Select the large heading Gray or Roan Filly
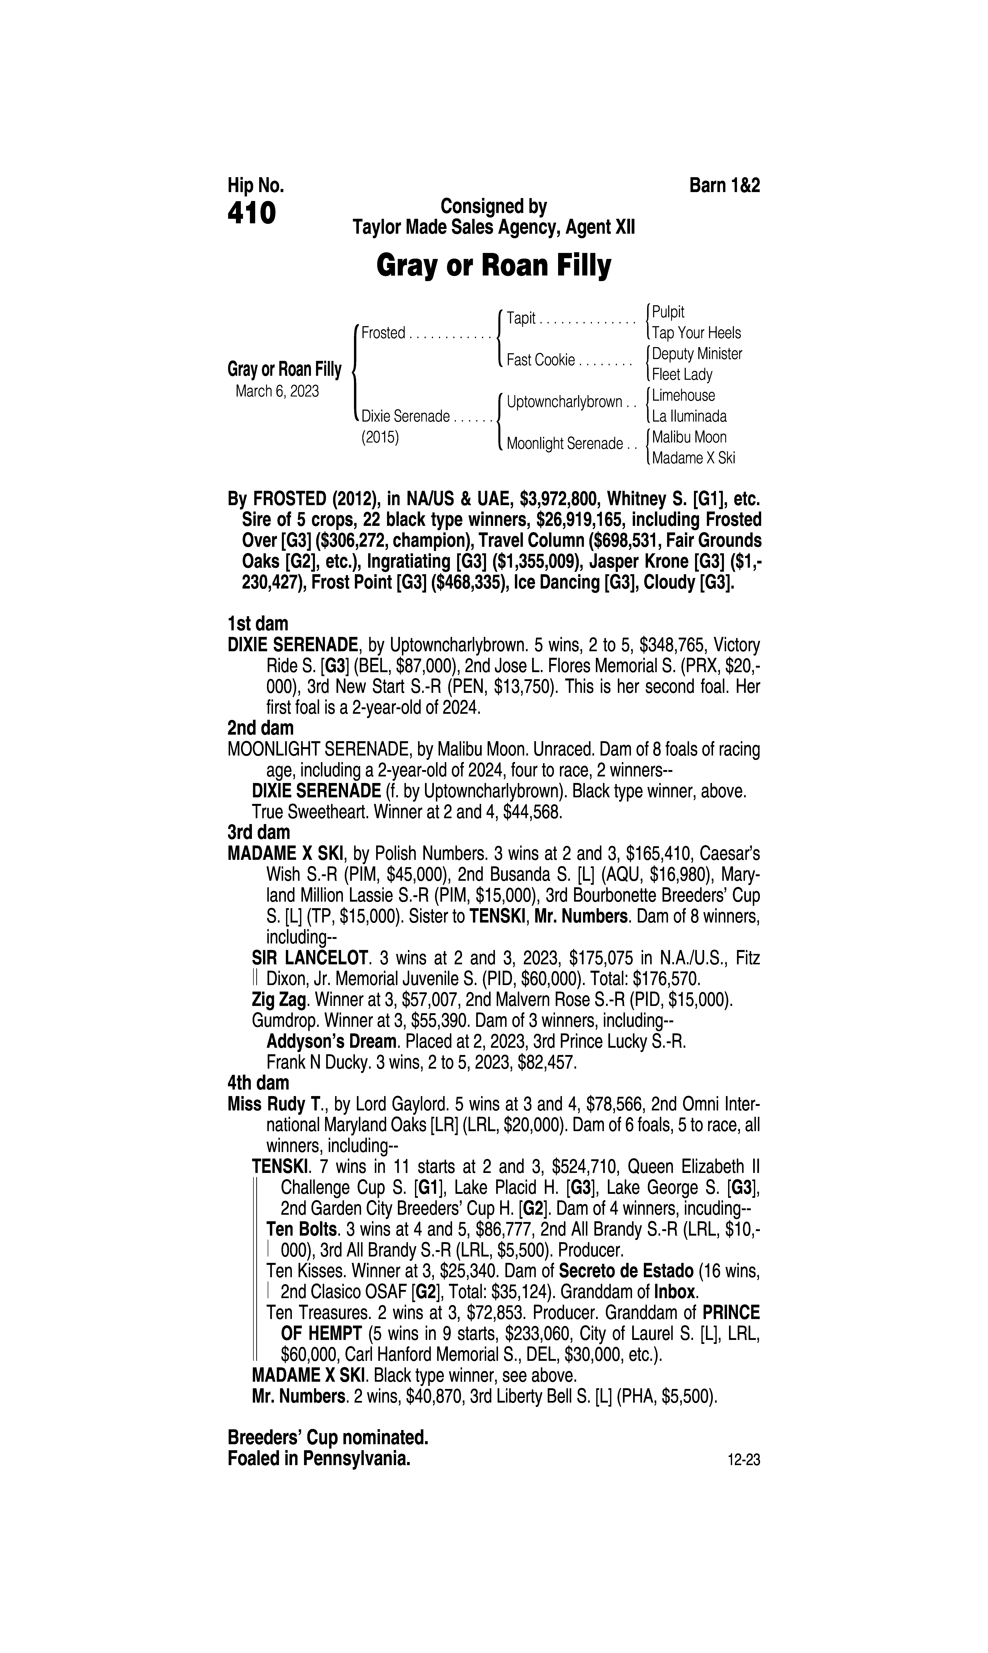[493, 266]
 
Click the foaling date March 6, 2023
[277, 391]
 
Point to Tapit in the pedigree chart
[521, 318]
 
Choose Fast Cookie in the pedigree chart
[541, 360]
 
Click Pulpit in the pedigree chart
[668, 312]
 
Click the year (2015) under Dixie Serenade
[380, 438]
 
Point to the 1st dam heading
[258, 624]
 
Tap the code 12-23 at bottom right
[744, 1461]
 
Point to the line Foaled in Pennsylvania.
[319, 1459]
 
